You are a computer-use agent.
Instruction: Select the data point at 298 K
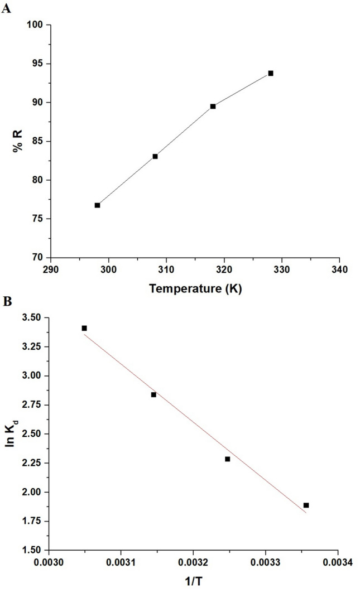point(97,205)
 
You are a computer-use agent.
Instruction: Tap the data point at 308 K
point(155,156)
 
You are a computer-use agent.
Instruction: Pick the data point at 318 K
point(213,106)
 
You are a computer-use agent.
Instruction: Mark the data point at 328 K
point(271,73)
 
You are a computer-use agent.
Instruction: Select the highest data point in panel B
point(84,328)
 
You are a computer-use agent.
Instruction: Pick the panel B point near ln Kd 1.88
point(306,505)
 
